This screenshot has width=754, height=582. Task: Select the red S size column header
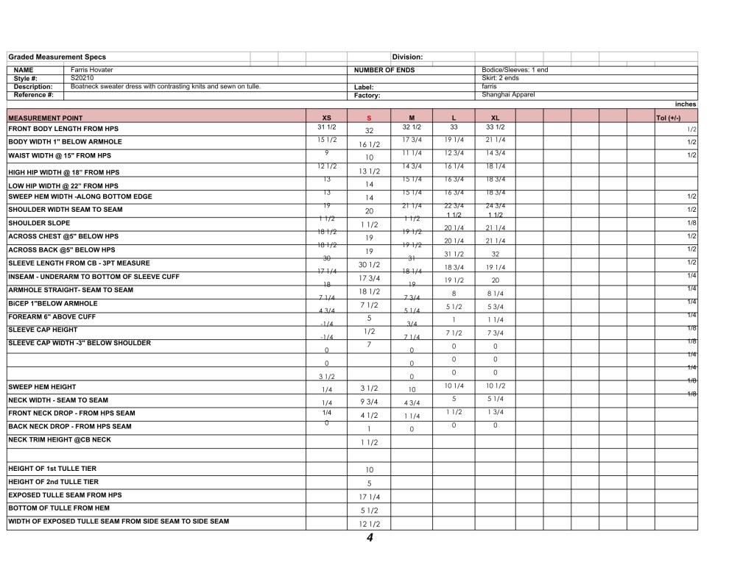click(369, 118)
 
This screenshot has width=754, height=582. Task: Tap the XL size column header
click(495, 118)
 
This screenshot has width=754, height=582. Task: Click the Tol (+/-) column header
click(668, 118)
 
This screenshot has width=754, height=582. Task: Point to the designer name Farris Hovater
click(92, 70)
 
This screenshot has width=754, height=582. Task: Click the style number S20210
click(82, 77)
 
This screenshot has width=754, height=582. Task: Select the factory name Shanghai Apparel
click(507, 94)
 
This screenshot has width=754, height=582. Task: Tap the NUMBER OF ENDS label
click(384, 70)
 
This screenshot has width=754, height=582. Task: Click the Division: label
click(407, 57)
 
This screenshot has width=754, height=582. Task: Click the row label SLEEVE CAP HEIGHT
click(42, 330)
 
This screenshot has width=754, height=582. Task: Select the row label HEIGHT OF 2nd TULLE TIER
click(53, 482)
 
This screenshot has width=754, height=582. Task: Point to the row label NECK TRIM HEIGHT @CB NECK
click(60, 439)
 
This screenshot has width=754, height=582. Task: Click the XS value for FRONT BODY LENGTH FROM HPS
click(326, 127)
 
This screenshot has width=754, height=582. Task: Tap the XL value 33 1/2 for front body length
click(495, 127)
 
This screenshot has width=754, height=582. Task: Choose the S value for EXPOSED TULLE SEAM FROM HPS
click(369, 497)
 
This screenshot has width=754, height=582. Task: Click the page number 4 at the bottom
click(370, 539)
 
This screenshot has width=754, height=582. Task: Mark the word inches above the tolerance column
click(685, 104)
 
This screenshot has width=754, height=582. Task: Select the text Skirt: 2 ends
click(500, 78)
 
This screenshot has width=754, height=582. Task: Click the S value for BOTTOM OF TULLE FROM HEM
click(369, 511)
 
